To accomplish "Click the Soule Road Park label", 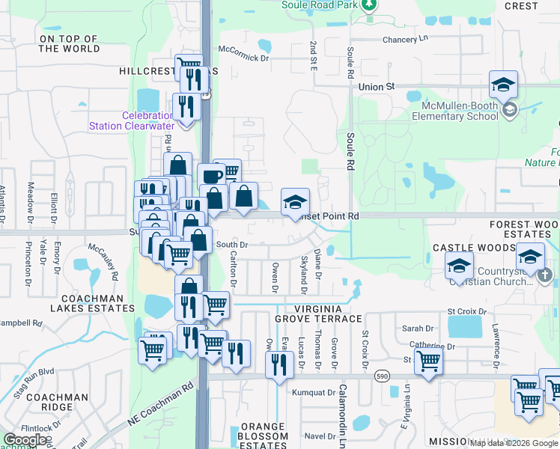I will [320, 4].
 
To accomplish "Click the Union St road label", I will [376, 87].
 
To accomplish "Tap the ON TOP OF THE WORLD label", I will [69, 43].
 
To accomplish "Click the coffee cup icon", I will [211, 177].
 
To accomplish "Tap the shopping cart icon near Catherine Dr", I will [428, 361].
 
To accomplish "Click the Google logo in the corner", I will [25, 440].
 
